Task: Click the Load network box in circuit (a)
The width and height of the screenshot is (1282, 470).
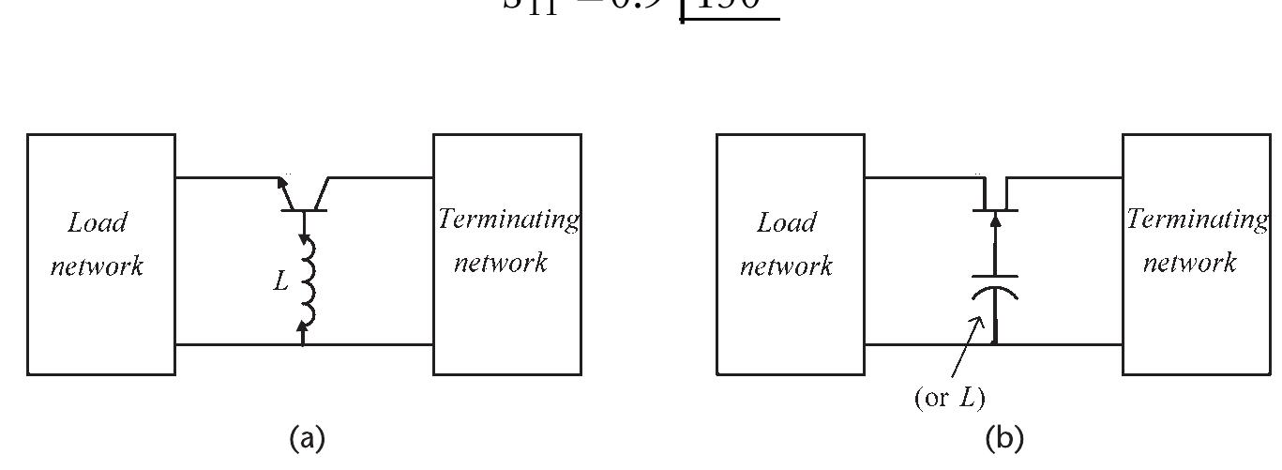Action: (100, 254)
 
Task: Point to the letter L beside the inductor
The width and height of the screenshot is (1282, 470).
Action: (280, 280)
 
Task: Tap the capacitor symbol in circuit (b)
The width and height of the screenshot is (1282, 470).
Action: (993, 286)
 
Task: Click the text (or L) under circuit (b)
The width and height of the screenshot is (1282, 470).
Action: (949, 398)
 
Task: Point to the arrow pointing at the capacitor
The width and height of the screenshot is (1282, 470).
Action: (967, 347)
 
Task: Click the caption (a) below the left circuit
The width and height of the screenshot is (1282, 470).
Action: (308, 437)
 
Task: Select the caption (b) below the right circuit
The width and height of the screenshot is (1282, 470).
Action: (1004, 437)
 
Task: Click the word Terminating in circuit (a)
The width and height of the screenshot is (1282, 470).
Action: (508, 220)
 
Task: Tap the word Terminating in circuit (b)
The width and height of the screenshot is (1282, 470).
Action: (1197, 220)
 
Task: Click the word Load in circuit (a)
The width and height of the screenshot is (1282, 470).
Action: (98, 223)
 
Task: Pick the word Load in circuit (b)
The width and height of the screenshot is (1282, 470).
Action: (786, 223)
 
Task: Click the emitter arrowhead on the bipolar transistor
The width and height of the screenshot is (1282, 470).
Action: (283, 182)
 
